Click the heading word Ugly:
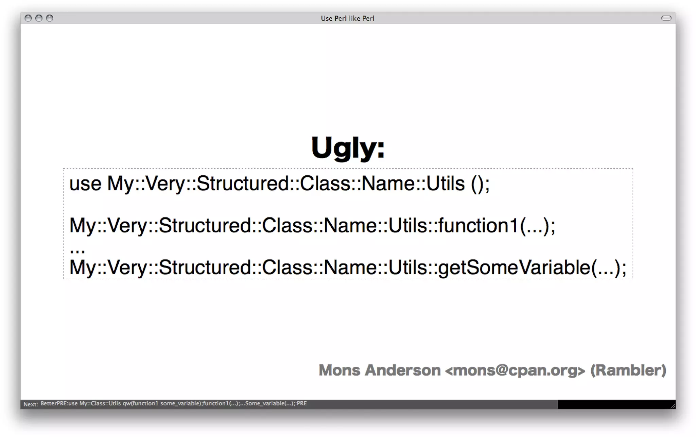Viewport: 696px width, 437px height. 348,147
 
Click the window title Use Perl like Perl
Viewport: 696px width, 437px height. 347,18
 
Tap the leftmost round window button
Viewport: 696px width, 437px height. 28,18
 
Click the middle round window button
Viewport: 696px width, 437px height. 39,18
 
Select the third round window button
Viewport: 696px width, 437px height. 50,18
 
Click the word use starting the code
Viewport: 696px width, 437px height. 85,184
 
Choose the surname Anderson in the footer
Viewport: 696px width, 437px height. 402,370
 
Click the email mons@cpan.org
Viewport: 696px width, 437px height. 515,370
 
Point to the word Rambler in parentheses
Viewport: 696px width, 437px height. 628,370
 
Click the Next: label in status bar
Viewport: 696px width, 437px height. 31,404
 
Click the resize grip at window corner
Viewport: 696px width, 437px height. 673,406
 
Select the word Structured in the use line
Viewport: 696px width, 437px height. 243,184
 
